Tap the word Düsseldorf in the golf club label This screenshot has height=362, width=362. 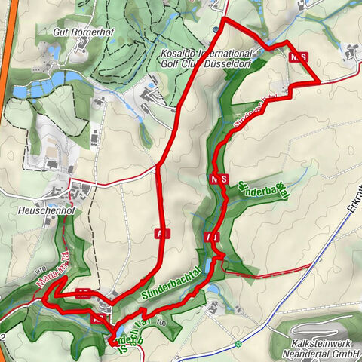[x=226, y=65]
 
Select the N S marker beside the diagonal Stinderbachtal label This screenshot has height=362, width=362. [x=219, y=179]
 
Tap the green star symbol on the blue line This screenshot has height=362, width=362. [x=238, y=343]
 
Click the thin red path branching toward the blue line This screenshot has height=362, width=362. [x=256, y=276]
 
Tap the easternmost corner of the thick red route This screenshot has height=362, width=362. [x=318, y=80]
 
